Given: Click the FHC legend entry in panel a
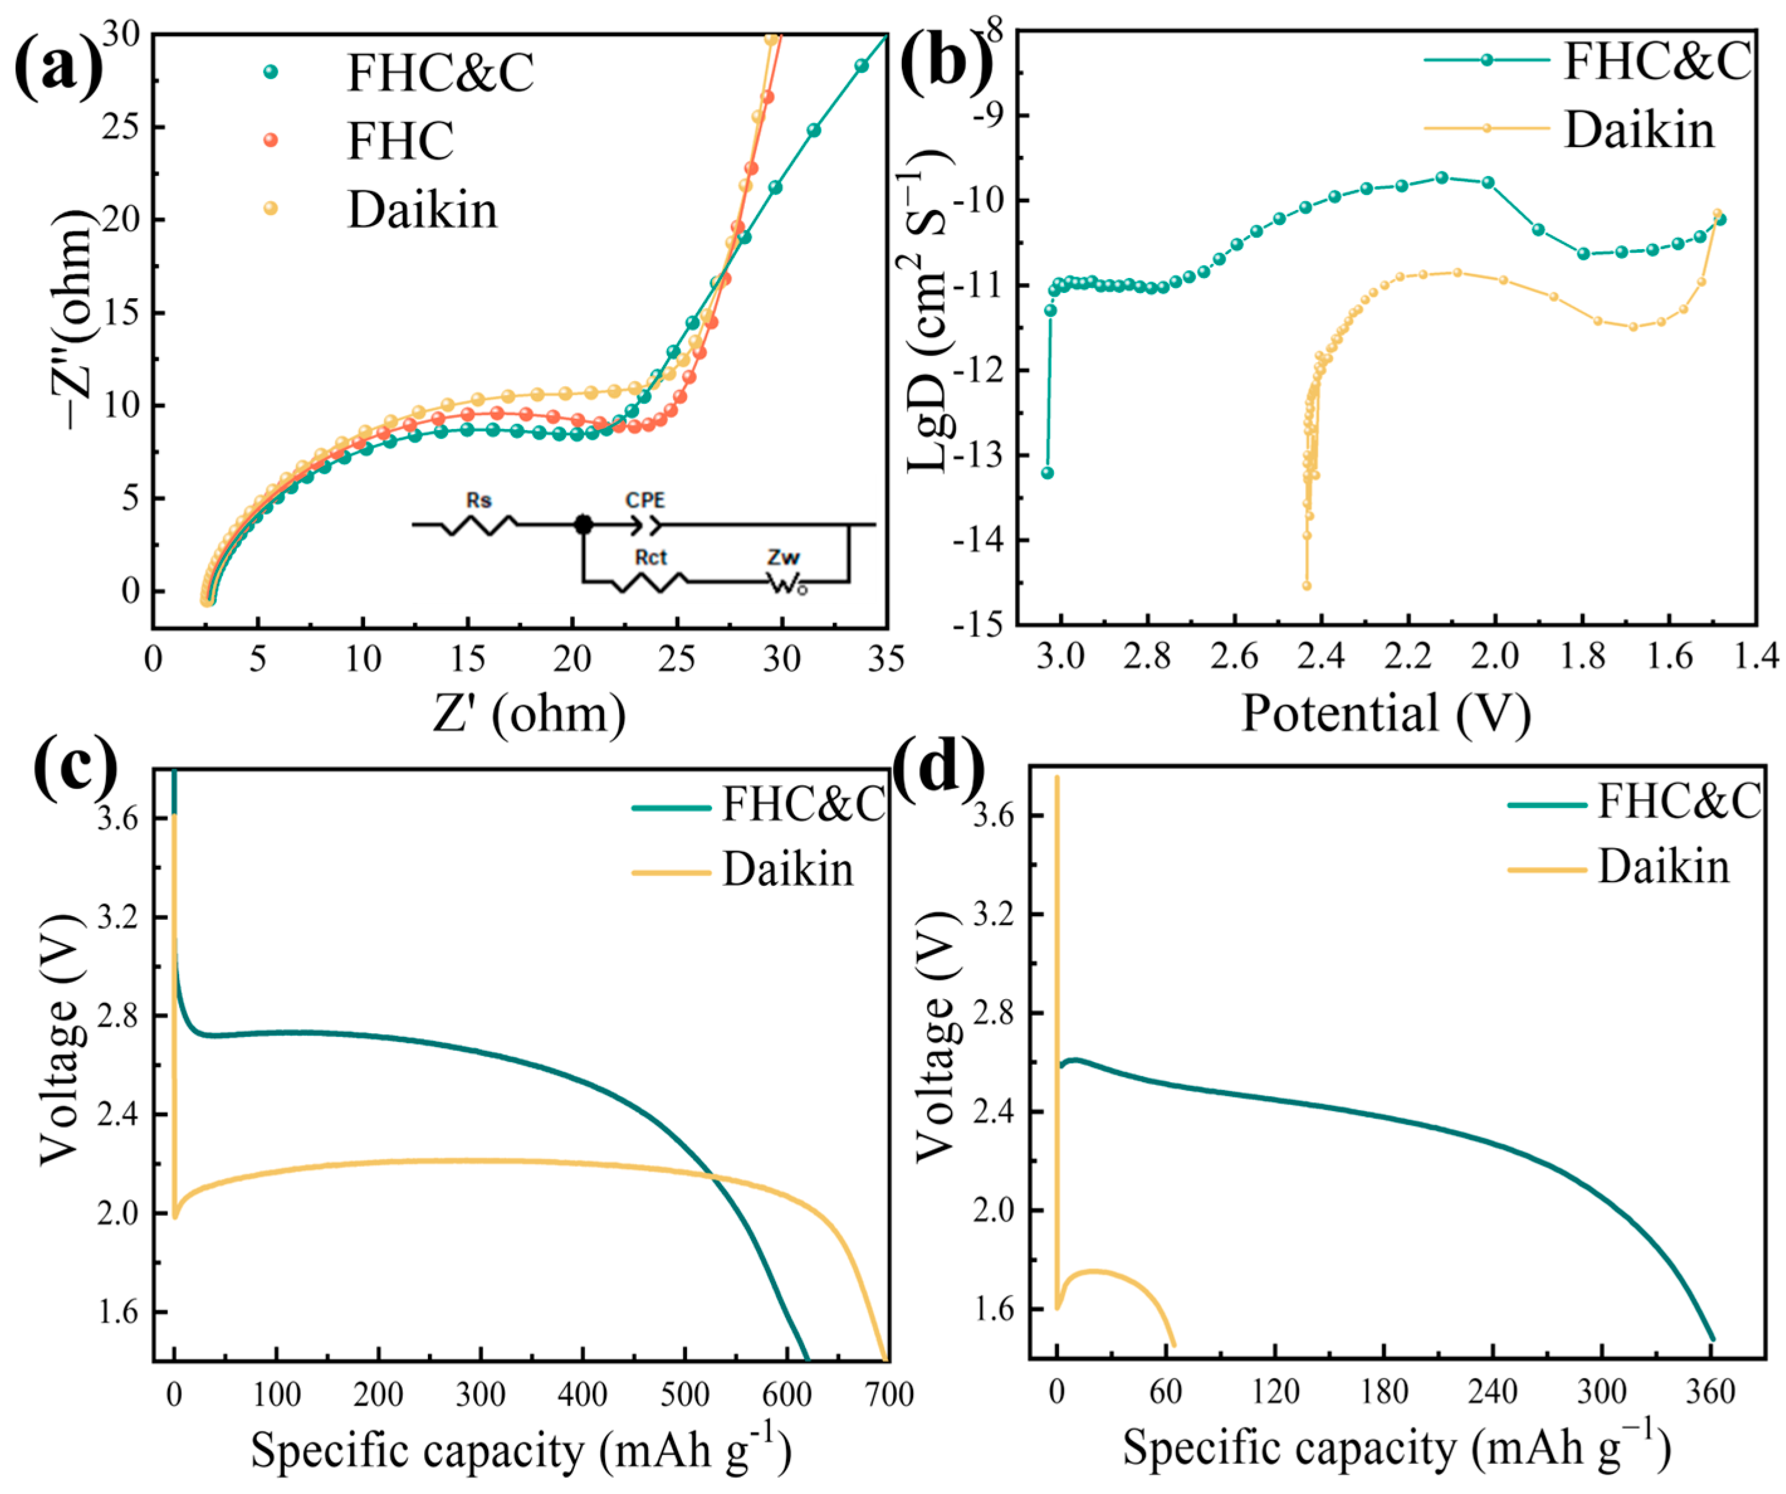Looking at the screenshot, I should [x=400, y=140].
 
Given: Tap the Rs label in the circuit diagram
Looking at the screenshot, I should [x=478, y=501].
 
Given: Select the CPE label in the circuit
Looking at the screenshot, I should [x=645, y=501].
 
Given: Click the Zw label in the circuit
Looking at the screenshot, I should [x=783, y=557].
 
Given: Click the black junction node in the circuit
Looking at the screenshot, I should [x=583, y=525].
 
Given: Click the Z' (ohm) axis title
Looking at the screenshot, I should [x=529, y=713].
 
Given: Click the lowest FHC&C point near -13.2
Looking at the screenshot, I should [x=1048, y=473].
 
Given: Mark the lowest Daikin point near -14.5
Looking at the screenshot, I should [x=1307, y=585].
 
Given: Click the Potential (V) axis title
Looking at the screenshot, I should [x=1386, y=713].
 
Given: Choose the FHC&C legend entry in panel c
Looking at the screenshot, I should [x=803, y=804].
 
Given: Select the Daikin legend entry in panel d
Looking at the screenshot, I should [x=1663, y=868].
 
